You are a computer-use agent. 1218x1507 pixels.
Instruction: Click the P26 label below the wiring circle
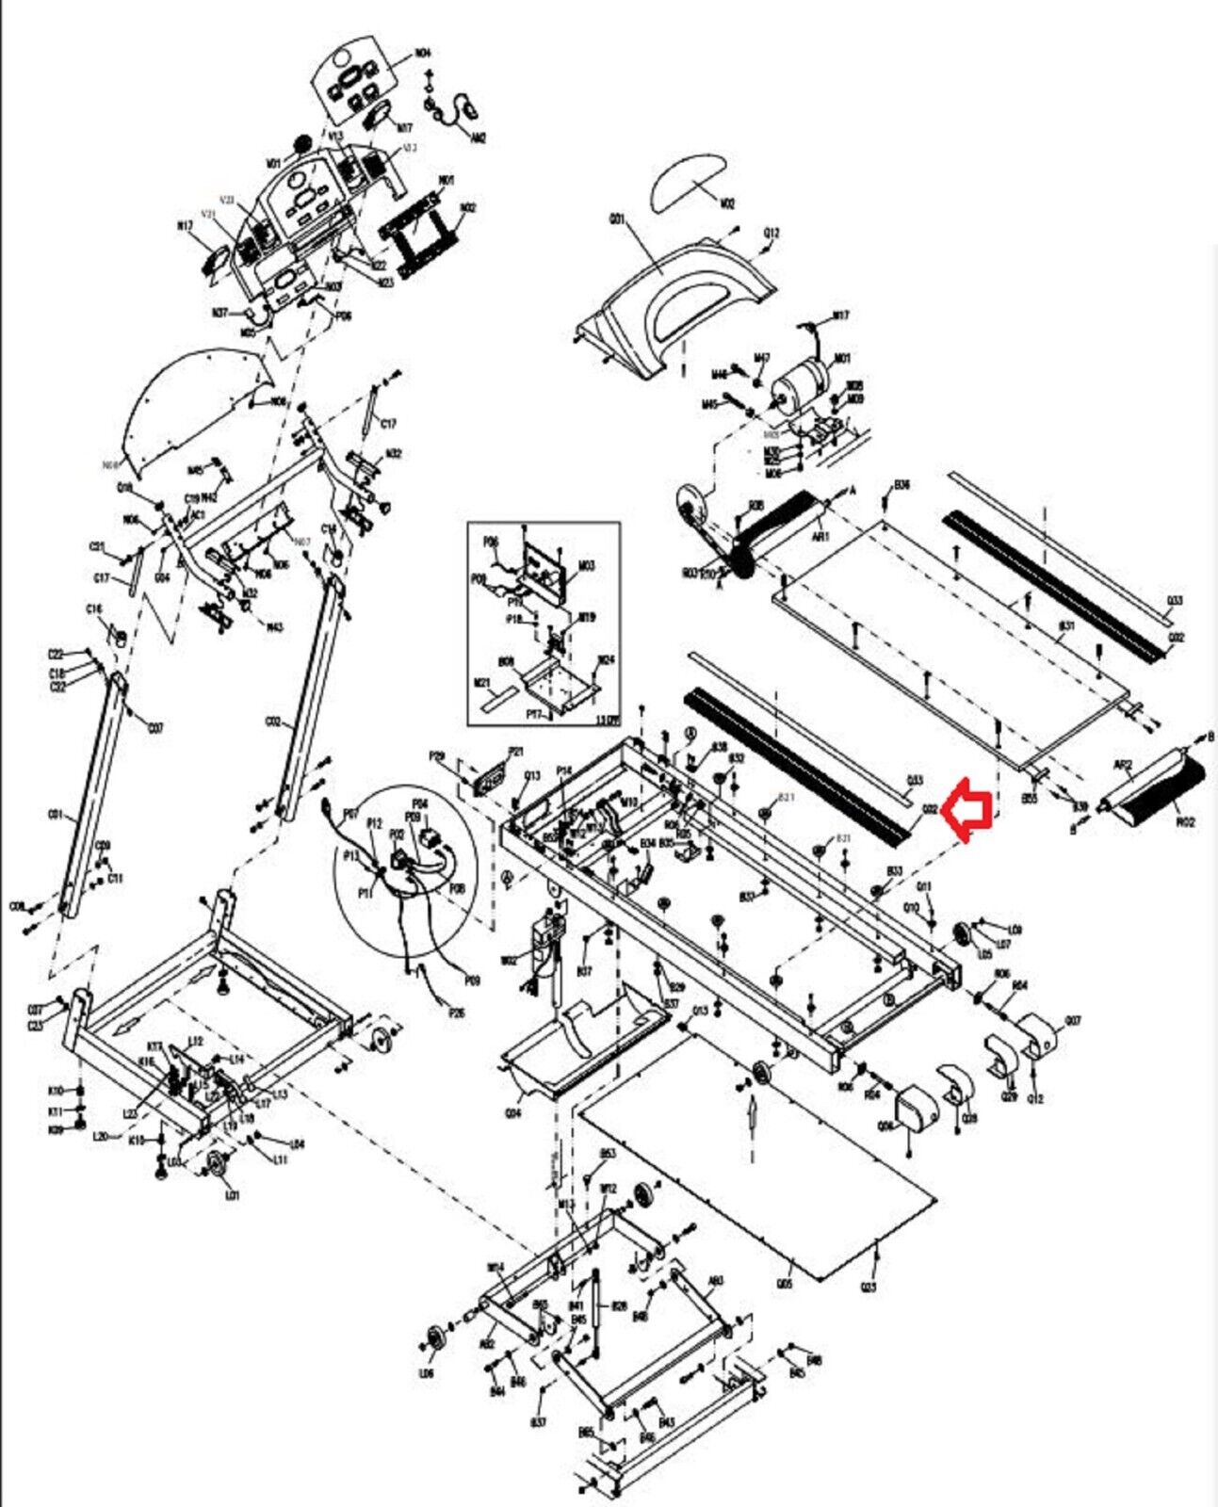tap(457, 1013)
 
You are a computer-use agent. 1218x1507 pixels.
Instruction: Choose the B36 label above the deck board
tap(901, 485)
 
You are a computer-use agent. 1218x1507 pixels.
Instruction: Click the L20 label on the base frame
tap(101, 1138)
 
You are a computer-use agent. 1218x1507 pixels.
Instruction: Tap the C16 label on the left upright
tap(94, 610)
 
